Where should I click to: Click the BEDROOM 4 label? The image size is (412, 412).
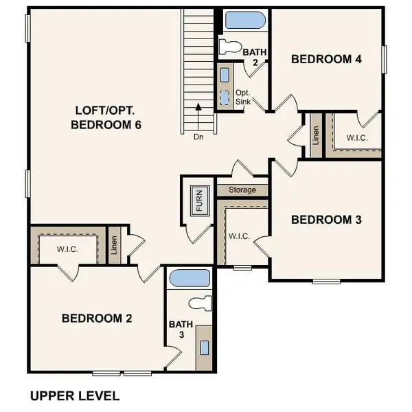pos(326,59)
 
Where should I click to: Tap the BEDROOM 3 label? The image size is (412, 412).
pos(326,220)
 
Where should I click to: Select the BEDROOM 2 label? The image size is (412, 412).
pos(97,318)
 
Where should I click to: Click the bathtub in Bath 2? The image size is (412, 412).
pos(244,20)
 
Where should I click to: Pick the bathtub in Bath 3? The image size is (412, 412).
pos(190,278)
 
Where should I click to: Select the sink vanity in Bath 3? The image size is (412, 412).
pos(204,347)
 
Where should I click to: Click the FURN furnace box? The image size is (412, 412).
pos(198,202)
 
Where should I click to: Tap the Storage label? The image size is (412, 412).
pos(242,190)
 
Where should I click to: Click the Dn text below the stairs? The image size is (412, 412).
pos(198,137)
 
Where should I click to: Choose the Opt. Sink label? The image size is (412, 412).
pos(244,97)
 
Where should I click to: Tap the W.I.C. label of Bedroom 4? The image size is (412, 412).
pos(357,137)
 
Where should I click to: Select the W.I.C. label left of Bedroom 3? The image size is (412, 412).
pos(239,236)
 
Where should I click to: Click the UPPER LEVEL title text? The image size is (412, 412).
pos(75,396)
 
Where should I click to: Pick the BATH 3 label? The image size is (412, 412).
pos(177,330)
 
